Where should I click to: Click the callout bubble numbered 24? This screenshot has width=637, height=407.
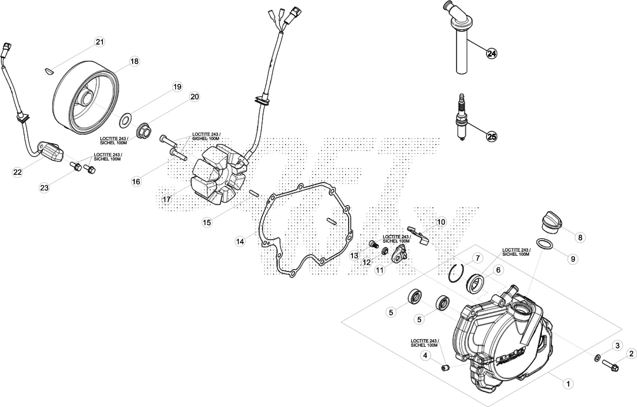(492, 53)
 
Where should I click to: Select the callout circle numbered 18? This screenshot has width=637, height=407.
(134, 61)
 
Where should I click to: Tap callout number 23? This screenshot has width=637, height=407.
(44, 188)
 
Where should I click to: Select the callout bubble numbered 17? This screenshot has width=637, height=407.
(167, 199)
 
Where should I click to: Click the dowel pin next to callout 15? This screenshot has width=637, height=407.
(255, 193)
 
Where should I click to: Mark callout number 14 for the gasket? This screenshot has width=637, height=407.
(240, 241)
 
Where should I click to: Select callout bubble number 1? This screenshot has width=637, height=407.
(568, 384)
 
